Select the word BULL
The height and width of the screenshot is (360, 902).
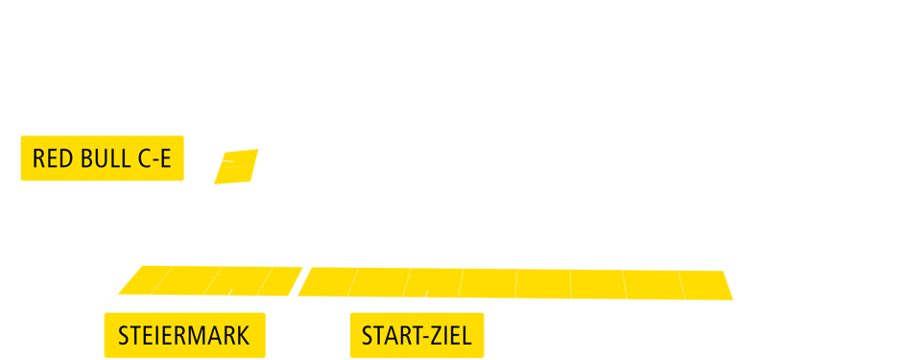click(106, 159)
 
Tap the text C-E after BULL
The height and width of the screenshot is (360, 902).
click(154, 159)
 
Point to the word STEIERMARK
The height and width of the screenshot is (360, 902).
click(183, 336)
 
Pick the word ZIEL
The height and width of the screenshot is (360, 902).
click(454, 336)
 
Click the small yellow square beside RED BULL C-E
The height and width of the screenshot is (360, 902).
click(235, 166)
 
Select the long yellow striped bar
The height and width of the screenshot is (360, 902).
click(425, 283)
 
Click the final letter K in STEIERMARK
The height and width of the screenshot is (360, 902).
click(243, 336)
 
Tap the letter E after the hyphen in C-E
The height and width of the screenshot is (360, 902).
click(165, 159)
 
